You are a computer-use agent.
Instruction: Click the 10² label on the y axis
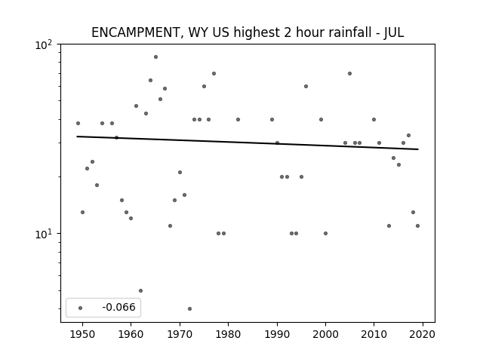[45, 45]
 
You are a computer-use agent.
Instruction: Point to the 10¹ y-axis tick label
[45, 235]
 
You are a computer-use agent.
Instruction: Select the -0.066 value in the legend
[118, 307]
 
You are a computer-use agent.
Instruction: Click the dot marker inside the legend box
[81, 308]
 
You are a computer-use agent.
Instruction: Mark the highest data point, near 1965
[156, 57]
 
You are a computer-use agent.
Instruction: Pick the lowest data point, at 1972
[189, 308]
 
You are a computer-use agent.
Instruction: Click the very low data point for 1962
[141, 290]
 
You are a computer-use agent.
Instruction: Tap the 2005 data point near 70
[349, 74]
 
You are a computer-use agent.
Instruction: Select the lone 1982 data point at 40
[238, 119]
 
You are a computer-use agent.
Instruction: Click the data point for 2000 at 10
[325, 233]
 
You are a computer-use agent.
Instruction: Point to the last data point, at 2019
[417, 226]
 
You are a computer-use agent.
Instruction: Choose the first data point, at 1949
[78, 124]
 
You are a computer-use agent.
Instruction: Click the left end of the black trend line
[77, 137]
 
